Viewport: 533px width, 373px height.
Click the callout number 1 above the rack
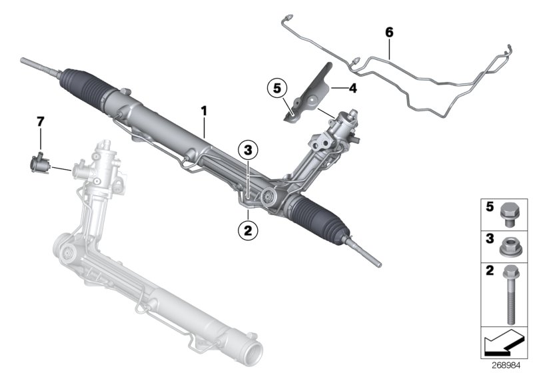click(x=205, y=110)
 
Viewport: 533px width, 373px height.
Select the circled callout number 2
click(x=248, y=231)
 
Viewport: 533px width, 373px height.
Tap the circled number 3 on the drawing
click(x=247, y=151)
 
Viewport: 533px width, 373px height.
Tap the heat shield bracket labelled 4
click(x=313, y=93)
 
